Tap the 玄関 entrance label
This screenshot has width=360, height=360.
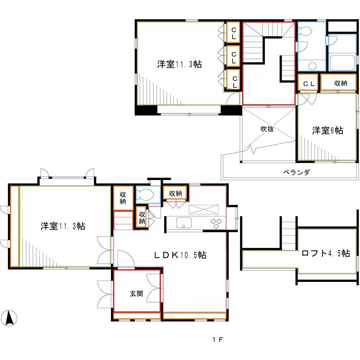(136, 294)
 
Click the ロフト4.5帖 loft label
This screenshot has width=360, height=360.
(325, 253)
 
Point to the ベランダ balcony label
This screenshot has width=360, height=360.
(296, 172)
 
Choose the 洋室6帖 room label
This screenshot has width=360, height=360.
(327, 130)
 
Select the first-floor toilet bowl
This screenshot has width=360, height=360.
(147, 195)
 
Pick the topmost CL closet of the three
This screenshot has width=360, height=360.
(234, 33)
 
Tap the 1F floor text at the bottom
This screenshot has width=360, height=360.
(216, 339)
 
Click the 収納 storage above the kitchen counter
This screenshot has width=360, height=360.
(175, 193)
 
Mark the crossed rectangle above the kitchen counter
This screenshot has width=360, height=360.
(204, 209)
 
